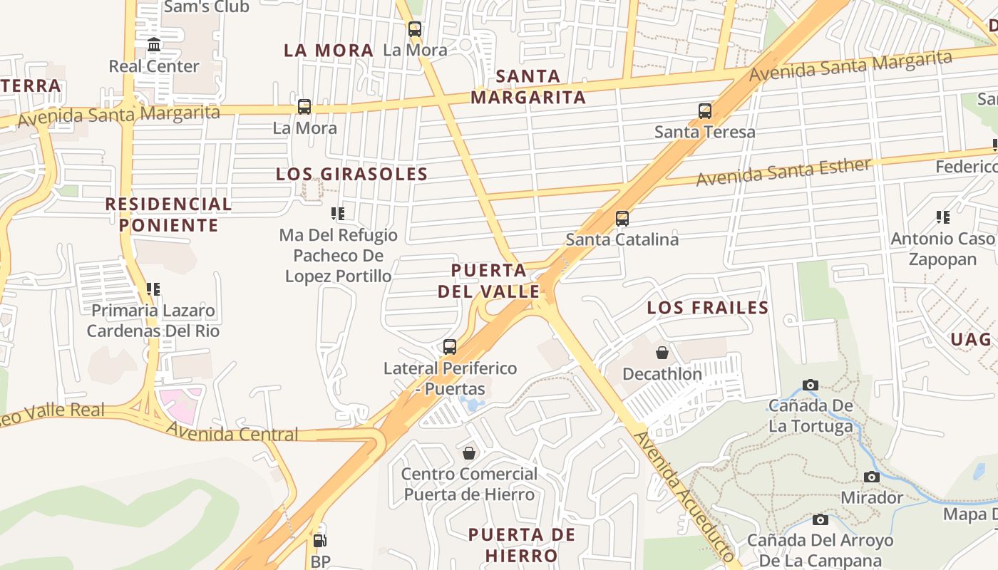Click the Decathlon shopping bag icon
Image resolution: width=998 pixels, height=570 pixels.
coord(662,353)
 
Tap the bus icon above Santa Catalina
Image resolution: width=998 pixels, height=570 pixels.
coord(622,218)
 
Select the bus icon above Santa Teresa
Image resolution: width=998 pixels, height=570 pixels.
coord(705,111)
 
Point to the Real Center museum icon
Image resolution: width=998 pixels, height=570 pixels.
coord(154,46)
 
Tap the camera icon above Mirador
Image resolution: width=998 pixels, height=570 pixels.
coord(871,477)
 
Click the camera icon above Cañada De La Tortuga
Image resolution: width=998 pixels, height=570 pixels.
coord(811,385)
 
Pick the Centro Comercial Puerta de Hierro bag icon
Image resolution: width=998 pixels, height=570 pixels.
coord(469,453)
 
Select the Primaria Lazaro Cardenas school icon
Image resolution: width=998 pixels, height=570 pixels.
coord(153,289)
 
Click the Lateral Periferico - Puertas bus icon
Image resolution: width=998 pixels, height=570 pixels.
coord(450,347)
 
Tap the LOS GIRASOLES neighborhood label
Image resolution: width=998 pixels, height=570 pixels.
coord(351,174)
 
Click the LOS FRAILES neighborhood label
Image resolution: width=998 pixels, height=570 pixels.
coord(707,308)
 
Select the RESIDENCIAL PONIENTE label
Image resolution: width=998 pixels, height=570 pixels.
coord(168,214)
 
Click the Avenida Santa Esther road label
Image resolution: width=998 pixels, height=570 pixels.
coord(783,172)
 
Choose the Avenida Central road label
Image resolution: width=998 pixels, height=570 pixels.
coord(232,432)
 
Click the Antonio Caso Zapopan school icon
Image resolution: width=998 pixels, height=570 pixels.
coord(943,217)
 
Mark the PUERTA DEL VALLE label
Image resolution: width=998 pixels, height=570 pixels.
coord(489,281)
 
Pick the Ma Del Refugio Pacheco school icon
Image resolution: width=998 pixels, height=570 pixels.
coord(338,214)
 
